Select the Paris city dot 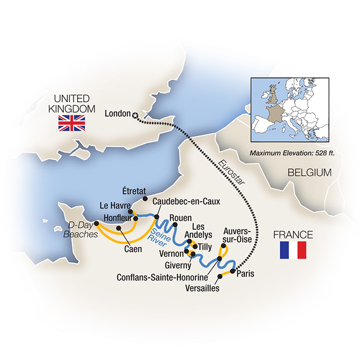[232, 271]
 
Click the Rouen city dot [175, 224]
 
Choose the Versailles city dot [220, 277]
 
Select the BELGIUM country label [309, 173]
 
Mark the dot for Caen [119, 227]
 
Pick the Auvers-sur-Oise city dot [223, 245]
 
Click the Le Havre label [114, 206]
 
